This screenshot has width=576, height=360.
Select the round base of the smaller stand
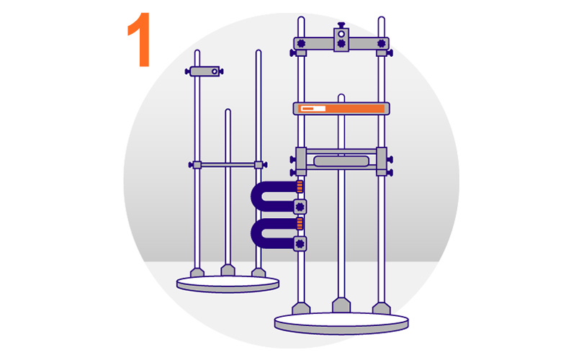tap(228, 284)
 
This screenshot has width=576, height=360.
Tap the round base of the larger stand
tap(341, 323)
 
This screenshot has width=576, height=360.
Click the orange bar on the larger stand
tap(341, 109)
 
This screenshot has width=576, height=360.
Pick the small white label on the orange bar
tap(313, 109)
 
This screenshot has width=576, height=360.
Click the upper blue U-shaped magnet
tap(257, 196)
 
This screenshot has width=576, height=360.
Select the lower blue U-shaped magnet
tap(257, 233)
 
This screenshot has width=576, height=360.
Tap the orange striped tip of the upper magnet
tap(300, 186)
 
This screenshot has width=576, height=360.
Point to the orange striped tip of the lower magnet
tap(300, 223)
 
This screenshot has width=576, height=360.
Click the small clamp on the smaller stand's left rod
tap(204, 71)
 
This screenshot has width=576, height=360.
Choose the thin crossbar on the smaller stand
tap(228, 165)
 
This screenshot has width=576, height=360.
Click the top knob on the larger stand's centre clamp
tap(341, 25)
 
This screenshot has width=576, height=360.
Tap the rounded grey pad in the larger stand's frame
tap(341, 161)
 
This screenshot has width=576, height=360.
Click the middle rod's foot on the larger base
tap(341, 305)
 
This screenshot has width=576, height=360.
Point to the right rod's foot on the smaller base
tap(258, 273)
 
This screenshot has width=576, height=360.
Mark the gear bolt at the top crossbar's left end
tap(301, 43)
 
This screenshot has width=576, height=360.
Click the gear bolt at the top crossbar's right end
tap(382, 43)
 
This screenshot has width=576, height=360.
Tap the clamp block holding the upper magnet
tap(300, 207)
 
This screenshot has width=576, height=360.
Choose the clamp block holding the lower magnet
tap(300, 243)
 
